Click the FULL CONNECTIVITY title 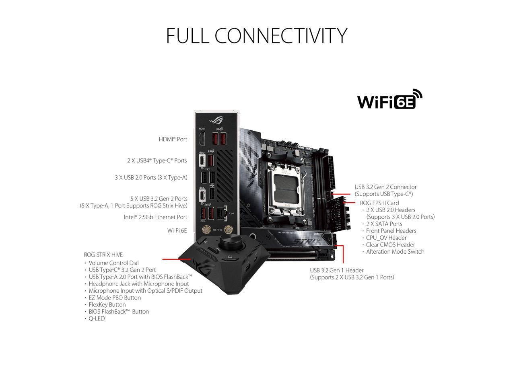[256, 36]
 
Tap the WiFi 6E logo [389, 100]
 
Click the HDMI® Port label [173, 139]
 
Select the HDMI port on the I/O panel [202, 139]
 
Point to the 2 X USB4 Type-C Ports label [157, 160]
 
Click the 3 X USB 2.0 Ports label [151, 177]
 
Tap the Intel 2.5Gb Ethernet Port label [155, 217]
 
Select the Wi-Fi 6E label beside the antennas [177, 231]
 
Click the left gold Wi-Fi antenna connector [206, 230]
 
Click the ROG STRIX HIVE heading [103, 255]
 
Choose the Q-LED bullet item [97, 318]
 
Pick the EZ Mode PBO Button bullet [115, 298]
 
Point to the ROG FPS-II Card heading [379, 203]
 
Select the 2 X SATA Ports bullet [384, 224]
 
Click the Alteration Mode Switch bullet [395, 252]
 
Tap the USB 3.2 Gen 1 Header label [336, 271]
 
